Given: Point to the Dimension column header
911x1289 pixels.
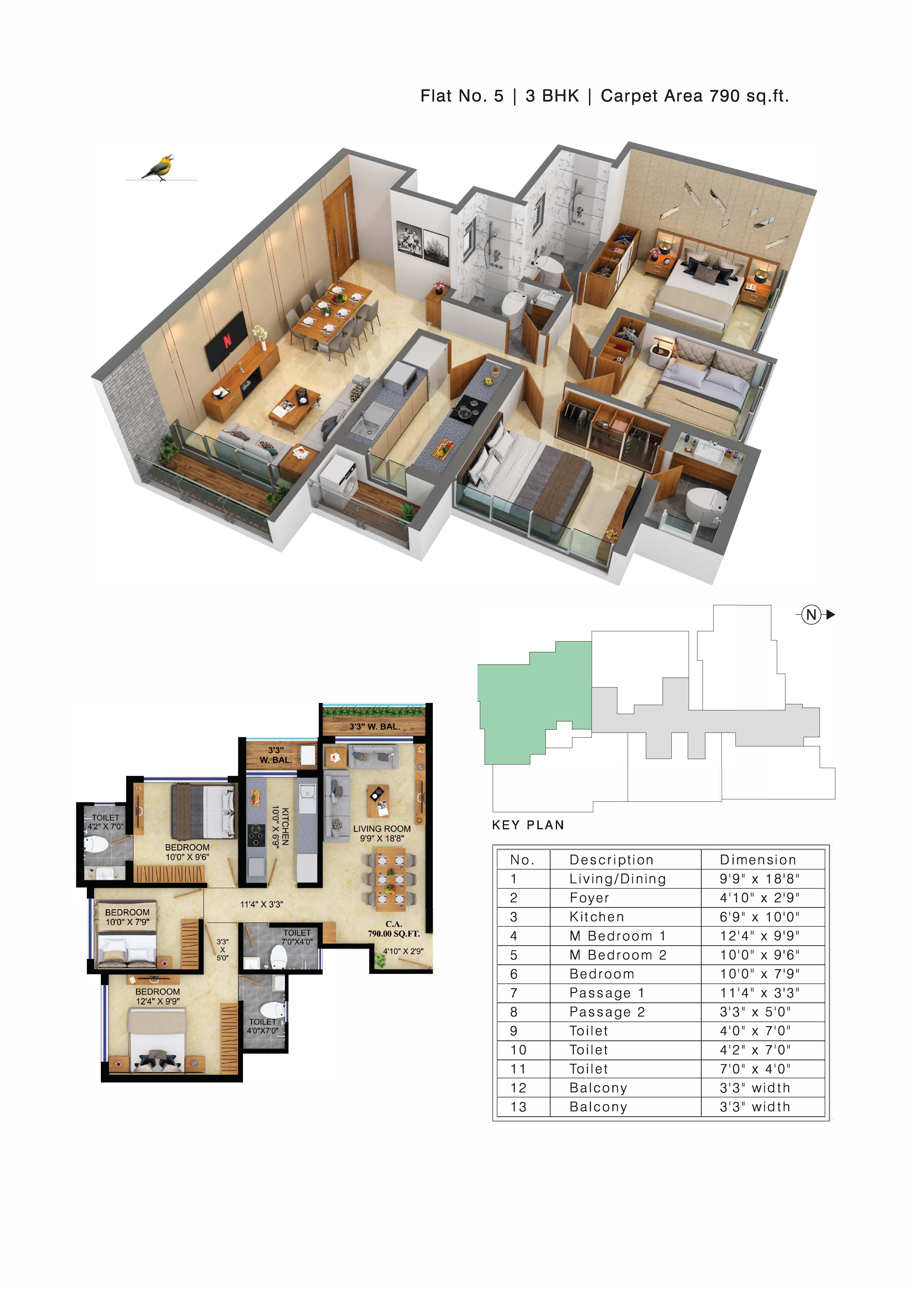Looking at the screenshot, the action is [x=758, y=859].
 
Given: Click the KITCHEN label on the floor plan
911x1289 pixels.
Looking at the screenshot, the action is [x=285, y=826].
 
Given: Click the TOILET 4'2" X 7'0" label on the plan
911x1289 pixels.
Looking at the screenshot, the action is [x=106, y=822].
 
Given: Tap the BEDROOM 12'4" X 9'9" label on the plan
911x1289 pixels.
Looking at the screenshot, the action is [x=158, y=997].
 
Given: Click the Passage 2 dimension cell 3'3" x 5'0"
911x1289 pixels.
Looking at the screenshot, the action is [x=755, y=1012].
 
